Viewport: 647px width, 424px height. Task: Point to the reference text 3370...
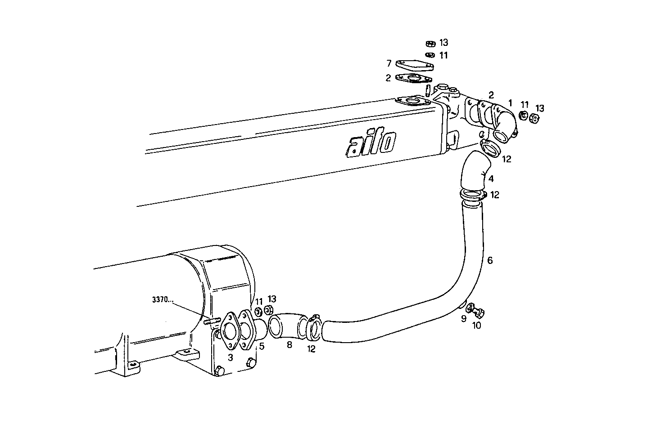[x=162, y=300]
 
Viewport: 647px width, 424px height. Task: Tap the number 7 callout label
[x=388, y=64]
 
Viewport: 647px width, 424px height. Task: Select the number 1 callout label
[x=510, y=103]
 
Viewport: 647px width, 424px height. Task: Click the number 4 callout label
[x=491, y=179]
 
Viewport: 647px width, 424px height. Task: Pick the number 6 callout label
[x=490, y=260]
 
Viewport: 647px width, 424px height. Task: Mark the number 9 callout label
[x=463, y=319]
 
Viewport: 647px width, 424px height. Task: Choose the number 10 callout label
[x=476, y=325]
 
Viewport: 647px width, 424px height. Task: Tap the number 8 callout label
[x=289, y=344]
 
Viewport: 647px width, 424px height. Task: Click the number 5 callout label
[x=261, y=347]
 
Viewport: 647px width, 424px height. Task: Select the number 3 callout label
[x=230, y=357]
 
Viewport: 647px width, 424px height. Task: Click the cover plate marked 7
[x=415, y=66]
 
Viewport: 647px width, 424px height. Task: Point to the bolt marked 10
[x=479, y=312]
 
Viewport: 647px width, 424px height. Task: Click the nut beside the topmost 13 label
[x=430, y=44]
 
